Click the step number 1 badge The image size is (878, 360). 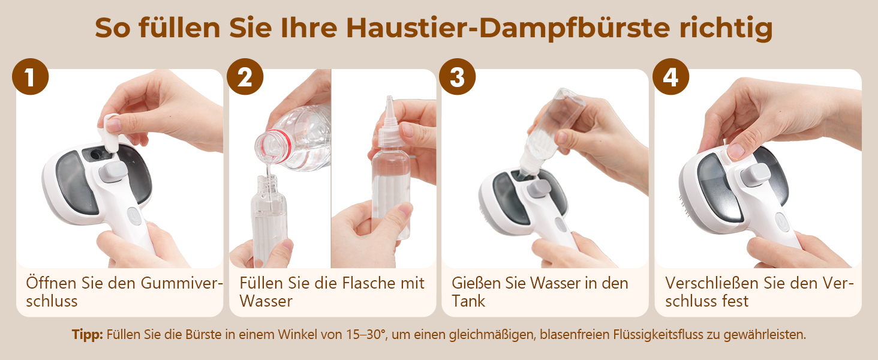click(30, 76)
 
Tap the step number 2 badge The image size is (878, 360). click(245, 76)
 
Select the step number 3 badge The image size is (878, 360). click(457, 76)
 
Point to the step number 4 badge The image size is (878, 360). click(670, 76)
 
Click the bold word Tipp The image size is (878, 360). click(87, 335)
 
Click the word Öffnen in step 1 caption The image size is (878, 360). click(51, 283)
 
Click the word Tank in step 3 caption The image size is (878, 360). click(468, 301)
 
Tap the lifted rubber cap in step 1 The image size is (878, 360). click(110, 133)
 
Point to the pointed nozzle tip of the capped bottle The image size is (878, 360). click(389, 98)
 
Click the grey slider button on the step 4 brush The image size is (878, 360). click(755, 175)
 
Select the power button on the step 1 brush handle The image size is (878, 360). click(134, 216)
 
